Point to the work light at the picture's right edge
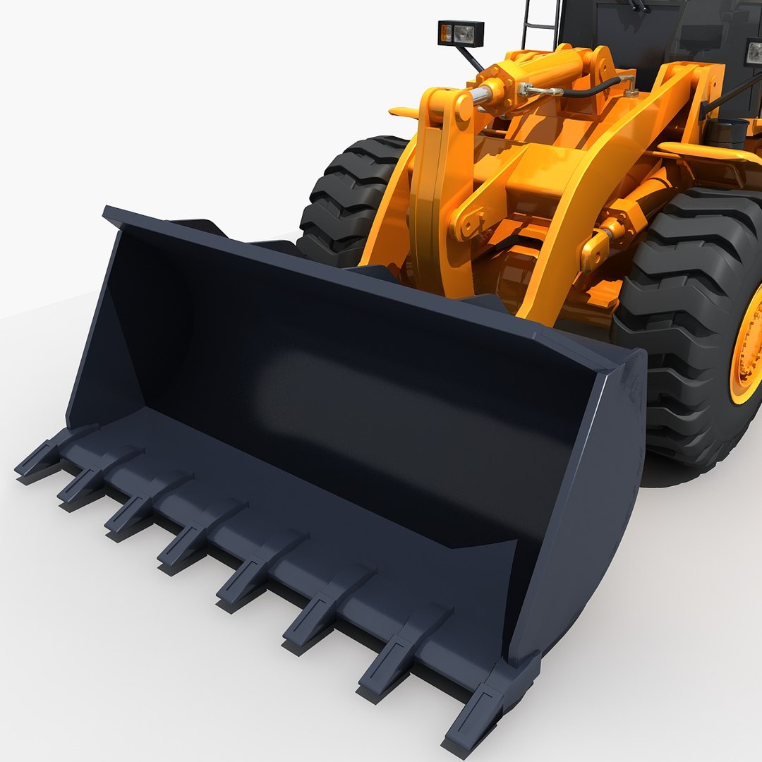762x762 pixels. click(x=754, y=52)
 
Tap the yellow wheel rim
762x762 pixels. click(x=748, y=346)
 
